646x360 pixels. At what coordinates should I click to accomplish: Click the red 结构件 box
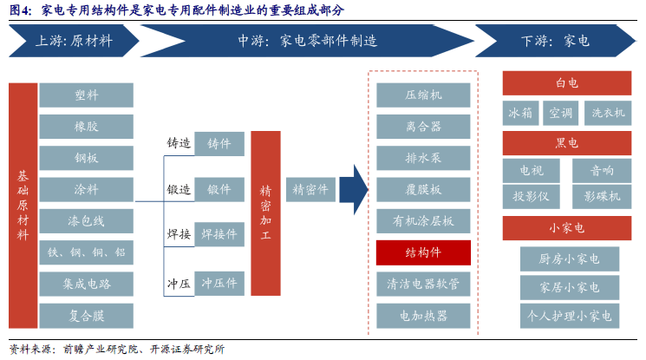tap(423, 252)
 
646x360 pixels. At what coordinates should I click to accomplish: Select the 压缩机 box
tap(423, 95)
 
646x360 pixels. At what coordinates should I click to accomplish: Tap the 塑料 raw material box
tap(86, 95)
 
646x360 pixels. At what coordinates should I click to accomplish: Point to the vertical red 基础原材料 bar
tap(23, 206)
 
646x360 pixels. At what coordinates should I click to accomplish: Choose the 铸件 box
tap(219, 143)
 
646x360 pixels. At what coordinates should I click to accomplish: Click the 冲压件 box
tap(219, 284)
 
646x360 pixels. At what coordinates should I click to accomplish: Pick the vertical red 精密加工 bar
tap(265, 213)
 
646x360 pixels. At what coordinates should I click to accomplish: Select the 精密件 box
tap(310, 189)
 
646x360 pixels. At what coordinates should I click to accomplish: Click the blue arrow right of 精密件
tap(354, 189)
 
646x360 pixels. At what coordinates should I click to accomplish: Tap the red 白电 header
tap(567, 83)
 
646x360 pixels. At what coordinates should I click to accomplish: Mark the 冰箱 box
tap(520, 113)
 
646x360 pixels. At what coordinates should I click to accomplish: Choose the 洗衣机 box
tap(608, 113)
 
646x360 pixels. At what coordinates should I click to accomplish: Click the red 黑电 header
tap(567, 143)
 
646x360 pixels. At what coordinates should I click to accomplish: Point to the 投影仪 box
tap(531, 197)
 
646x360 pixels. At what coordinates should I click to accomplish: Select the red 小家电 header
tap(567, 228)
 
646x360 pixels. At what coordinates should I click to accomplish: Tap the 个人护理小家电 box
tap(570, 316)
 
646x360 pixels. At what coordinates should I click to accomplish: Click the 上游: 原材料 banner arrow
tap(75, 41)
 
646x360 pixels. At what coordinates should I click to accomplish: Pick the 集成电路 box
tap(86, 284)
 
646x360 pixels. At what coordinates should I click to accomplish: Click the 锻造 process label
tap(179, 190)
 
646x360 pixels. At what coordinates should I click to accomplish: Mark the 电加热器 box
tap(423, 316)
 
